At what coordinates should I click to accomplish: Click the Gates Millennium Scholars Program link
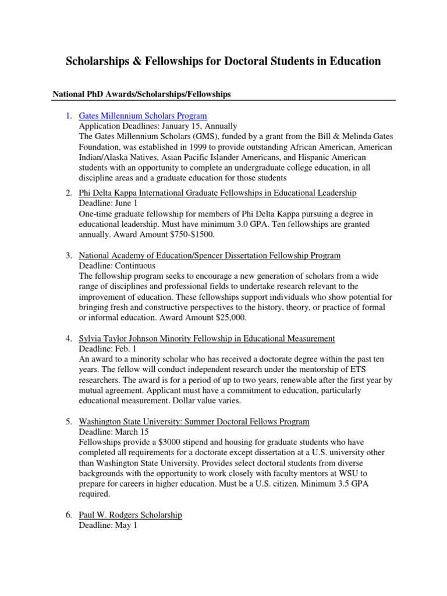(143, 116)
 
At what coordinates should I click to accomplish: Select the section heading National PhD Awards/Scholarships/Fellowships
(142, 94)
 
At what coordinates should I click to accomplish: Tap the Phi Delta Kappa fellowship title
(217, 193)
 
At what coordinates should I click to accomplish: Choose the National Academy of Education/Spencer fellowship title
(210, 256)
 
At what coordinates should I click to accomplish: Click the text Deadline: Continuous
(117, 266)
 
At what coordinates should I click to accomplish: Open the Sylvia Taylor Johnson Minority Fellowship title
(207, 338)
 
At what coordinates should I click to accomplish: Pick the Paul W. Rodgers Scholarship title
(130, 515)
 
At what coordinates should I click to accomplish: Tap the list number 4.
(68, 338)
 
